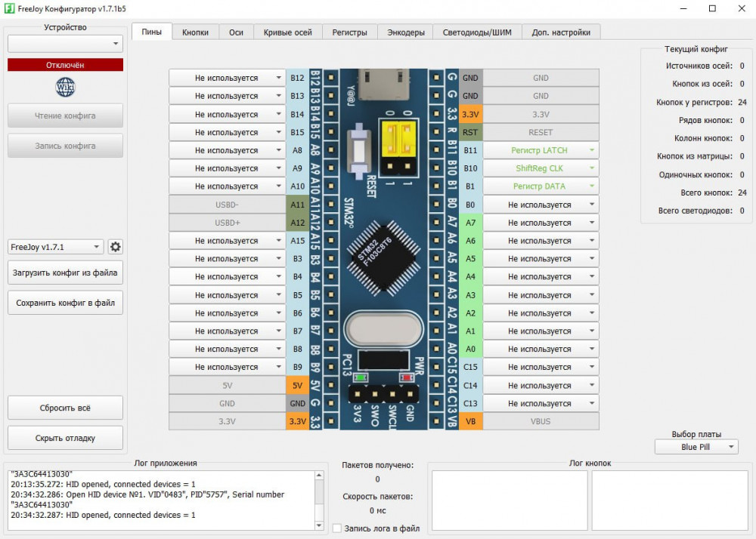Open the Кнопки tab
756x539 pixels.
[195, 32]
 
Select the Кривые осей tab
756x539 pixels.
[287, 32]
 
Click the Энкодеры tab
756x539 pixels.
[406, 32]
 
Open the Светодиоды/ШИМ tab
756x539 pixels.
[477, 32]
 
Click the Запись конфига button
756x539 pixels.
[65, 146]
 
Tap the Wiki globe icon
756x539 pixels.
[65, 88]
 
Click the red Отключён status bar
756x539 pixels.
[65, 65]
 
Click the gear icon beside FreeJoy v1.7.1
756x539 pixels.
[116, 247]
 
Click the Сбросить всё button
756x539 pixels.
[65, 408]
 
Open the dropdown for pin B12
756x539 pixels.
[227, 78]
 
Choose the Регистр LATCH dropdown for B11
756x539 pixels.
[540, 150]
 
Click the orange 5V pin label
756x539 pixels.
[297, 386]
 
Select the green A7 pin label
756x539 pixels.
[470, 223]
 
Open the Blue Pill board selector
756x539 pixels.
[696, 447]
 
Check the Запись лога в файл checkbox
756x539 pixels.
[337, 528]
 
